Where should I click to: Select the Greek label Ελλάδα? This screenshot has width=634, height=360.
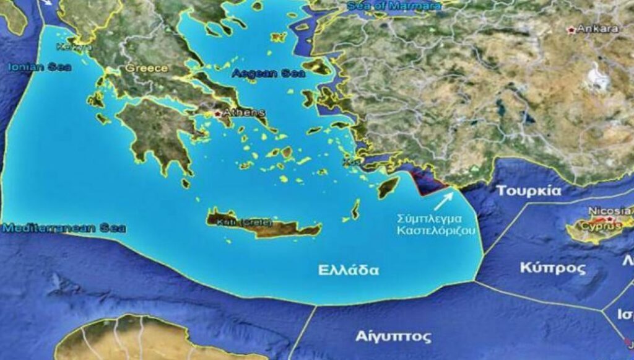tap(349, 270)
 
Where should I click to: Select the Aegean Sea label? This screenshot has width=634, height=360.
tap(269, 73)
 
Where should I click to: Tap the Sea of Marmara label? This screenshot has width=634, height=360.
tap(394, 6)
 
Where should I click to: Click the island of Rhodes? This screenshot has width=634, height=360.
tap(388, 187)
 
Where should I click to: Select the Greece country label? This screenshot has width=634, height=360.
tap(147, 68)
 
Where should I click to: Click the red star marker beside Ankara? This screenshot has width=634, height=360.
tap(570, 29)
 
